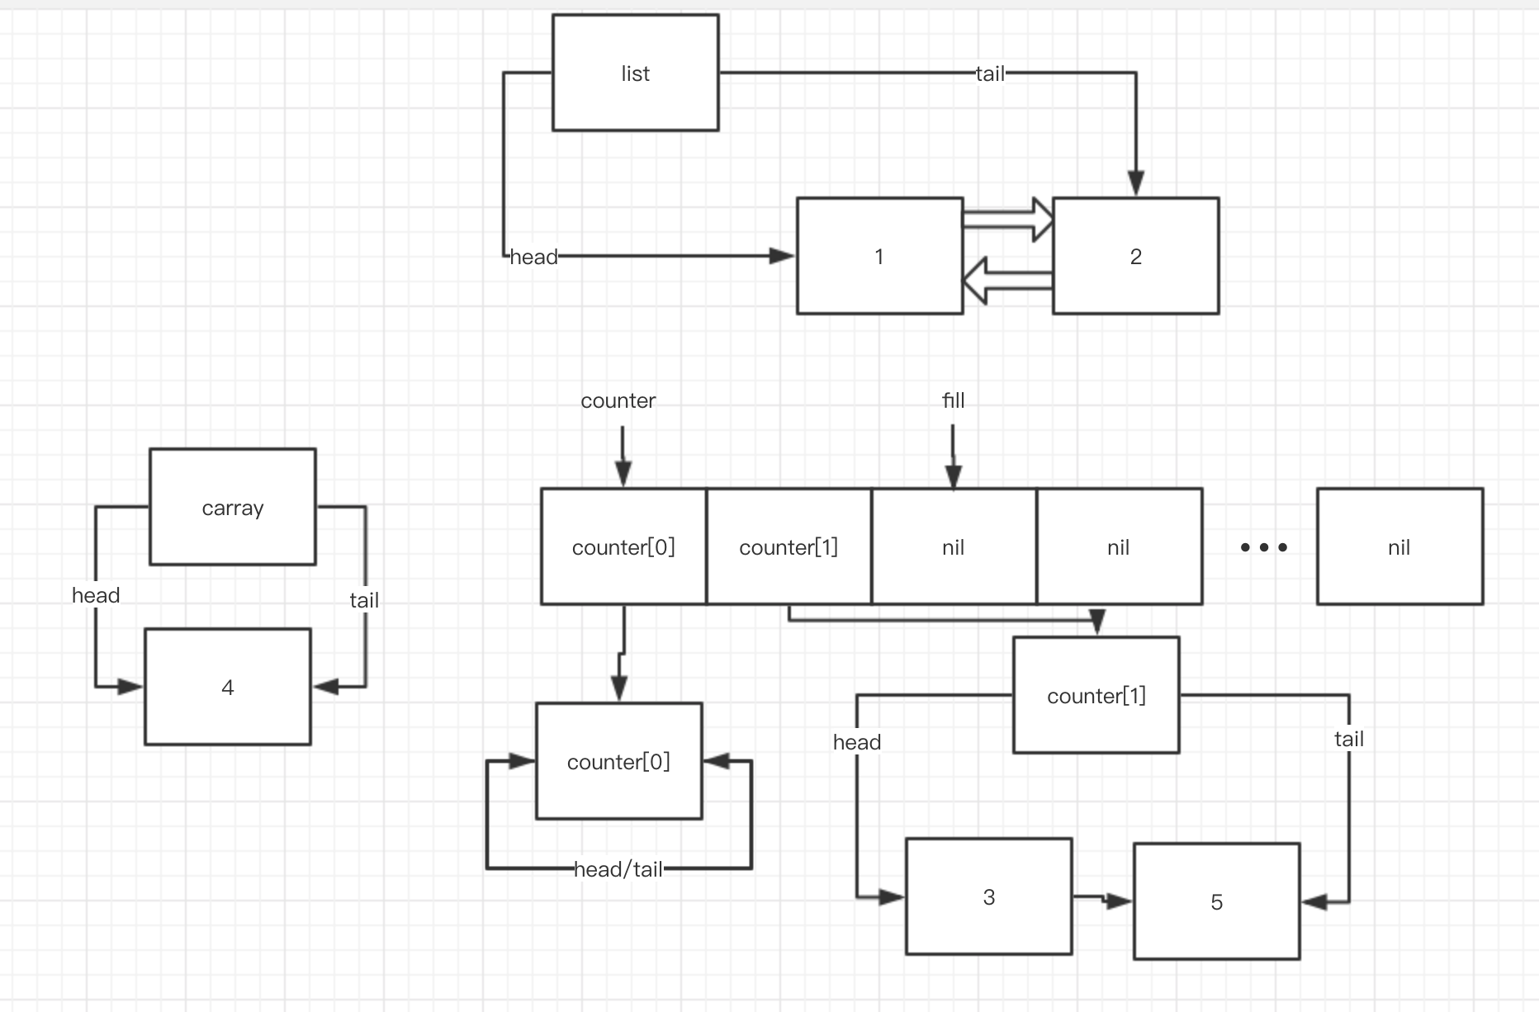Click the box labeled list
(635, 73)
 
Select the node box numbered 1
(879, 256)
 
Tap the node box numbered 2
(1135, 256)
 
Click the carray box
(232, 507)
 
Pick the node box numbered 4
(227, 687)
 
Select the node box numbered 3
(988, 896)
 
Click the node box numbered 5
(1216, 901)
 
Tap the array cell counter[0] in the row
(623, 546)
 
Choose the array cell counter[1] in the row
(788, 546)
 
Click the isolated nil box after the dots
(1399, 546)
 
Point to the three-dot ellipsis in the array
(1263, 547)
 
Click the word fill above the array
(953, 400)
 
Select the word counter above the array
(618, 400)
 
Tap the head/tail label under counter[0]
(618, 869)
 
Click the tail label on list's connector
(990, 73)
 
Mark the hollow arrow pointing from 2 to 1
(1007, 281)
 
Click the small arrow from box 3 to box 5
(1103, 900)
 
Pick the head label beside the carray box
(96, 595)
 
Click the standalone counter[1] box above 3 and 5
(1096, 695)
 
